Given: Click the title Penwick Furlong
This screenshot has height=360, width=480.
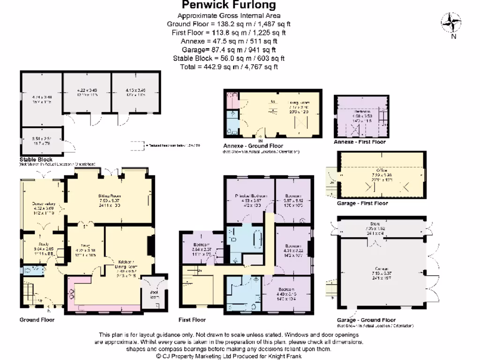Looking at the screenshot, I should pyautogui.click(x=228, y=6).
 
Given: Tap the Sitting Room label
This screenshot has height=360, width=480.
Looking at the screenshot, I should pyautogui.click(x=109, y=195).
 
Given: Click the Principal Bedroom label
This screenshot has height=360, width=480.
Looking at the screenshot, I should pyautogui.click(x=251, y=195).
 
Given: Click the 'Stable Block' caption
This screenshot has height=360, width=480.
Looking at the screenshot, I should pyautogui.click(x=36, y=160).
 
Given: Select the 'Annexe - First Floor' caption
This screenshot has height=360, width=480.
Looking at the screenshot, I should pyautogui.click(x=360, y=142).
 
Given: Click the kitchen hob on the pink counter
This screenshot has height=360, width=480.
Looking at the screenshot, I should pyautogui.click(x=72, y=294).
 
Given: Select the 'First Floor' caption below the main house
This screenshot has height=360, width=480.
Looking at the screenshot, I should pyautogui.click(x=192, y=320).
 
